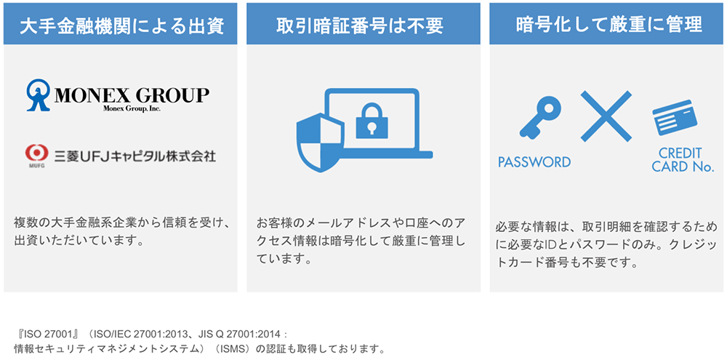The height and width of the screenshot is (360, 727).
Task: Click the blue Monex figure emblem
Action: [38, 95]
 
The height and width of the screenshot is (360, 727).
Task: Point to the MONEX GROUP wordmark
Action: [132, 95]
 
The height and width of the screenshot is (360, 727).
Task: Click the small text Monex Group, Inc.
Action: [131, 108]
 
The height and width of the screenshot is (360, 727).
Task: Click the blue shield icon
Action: [320, 143]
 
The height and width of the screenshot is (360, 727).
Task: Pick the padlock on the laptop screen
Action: [371, 121]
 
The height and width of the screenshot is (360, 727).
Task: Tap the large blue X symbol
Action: [606, 116]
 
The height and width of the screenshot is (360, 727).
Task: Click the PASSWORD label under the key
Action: [534, 162]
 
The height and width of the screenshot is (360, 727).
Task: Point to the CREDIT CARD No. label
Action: [683, 159]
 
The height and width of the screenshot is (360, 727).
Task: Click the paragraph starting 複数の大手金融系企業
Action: [122, 232]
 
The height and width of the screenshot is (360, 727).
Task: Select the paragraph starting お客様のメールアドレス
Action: [361, 240]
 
